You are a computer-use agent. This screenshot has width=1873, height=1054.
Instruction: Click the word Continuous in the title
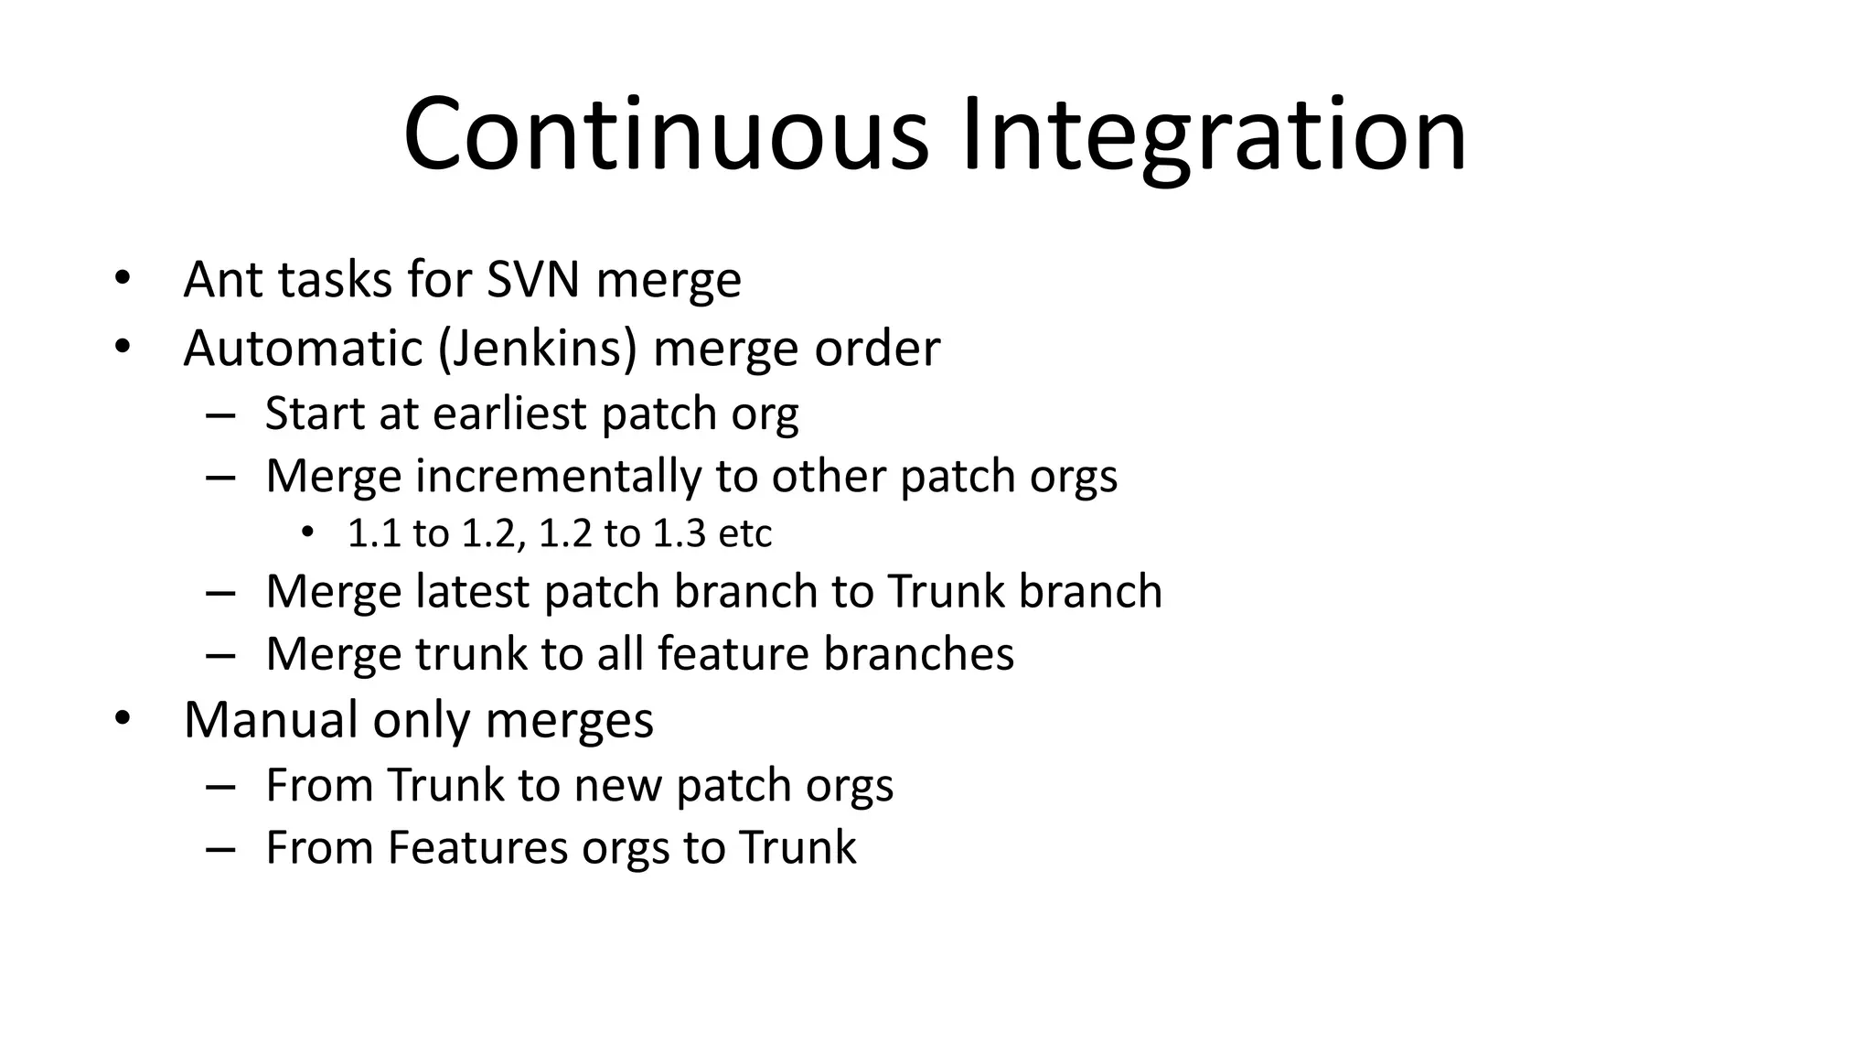pos(666,134)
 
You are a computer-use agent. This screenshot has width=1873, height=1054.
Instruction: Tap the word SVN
pos(532,279)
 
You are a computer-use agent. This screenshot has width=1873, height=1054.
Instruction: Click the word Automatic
pos(303,349)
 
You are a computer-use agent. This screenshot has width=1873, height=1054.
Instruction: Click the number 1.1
pos(374,533)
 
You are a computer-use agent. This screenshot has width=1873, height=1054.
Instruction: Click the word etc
pos(745,533)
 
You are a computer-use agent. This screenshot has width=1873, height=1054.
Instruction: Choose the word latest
pos(472,591)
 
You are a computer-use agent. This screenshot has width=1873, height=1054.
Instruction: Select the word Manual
pos(270,720)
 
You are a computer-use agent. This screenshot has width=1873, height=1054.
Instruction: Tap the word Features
pos(478,847)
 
